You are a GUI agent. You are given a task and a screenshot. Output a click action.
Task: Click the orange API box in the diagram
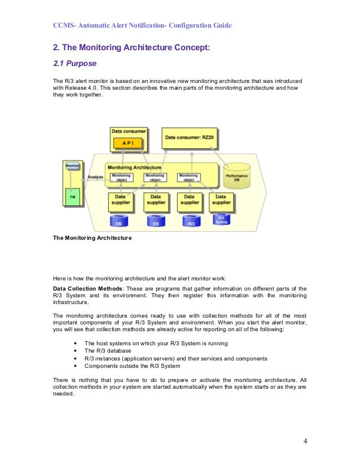(x=129, y=143)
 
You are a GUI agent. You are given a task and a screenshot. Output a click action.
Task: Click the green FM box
(x=72, y=197)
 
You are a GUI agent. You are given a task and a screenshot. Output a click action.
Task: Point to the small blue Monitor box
(x=72, y=166)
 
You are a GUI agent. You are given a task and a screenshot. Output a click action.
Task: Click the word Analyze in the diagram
(x=95, y=177)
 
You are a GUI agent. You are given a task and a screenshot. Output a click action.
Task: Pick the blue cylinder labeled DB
(x=118, y=222)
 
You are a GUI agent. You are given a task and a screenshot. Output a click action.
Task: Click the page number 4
(x=305, y=441)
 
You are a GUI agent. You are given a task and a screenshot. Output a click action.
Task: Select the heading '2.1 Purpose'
(x=75, y=64)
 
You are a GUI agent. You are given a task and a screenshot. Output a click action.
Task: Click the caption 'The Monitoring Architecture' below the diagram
(x=92, y=238)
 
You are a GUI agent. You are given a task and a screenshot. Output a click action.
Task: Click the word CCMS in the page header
(x=63, y=25)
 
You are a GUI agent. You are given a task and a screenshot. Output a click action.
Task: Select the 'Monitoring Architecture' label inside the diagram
(x=134, y=168)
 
